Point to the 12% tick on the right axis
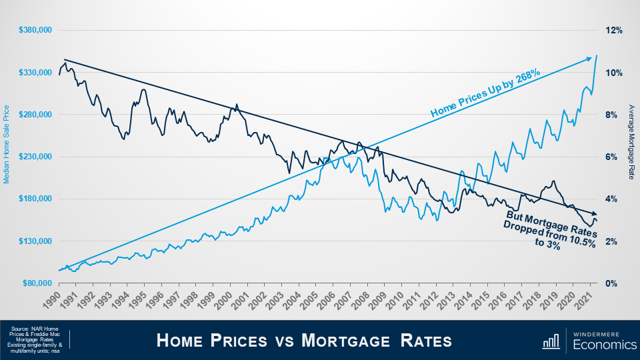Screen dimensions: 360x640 [613, 31]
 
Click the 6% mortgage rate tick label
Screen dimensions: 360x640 [612, 157]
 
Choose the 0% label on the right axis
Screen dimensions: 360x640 [612, 283]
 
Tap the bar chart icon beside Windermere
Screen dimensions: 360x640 [551, 341]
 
